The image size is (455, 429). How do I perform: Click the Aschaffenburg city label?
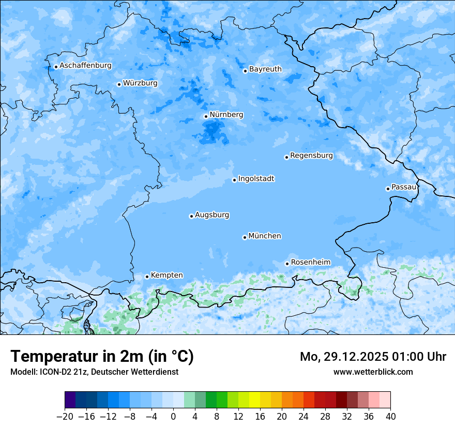coord(85,66)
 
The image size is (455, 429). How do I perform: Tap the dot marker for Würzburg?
coord(119,84)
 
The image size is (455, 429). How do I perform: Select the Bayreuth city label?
coord(265,69)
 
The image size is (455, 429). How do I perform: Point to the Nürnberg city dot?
coord(206,116)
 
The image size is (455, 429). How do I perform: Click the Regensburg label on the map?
coord(311,155)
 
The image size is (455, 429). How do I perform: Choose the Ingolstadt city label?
coord(256,178)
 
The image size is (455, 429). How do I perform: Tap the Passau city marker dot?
coord(388,189)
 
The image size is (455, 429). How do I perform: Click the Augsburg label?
coord(212,214)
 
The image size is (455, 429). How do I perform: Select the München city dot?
coord(245,237)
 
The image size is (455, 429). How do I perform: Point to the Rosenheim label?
coord(310,262)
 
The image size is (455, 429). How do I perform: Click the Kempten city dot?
coord(147,277)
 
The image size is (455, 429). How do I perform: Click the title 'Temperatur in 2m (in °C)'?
coord(102,357)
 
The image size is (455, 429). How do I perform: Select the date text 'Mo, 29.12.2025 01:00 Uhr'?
coord(373,357)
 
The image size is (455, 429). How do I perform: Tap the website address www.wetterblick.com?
coord(373,372)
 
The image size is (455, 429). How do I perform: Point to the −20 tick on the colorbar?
coord(65,416)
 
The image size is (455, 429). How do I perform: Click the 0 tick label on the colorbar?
coord(173,416)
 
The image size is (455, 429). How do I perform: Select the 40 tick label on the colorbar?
coord(390,416)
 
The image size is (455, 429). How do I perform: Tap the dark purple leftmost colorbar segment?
coord(70,400)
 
